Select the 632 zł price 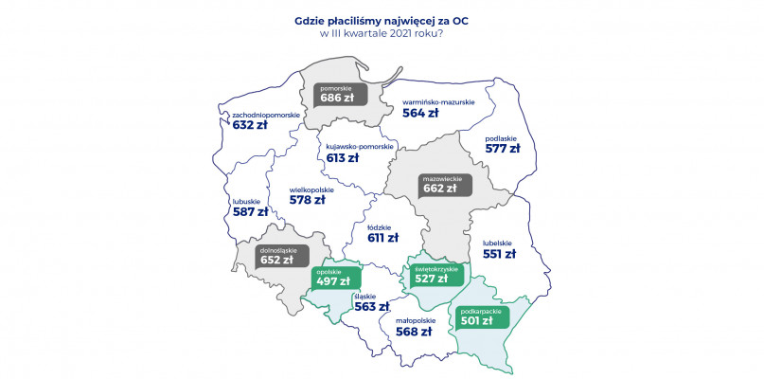tap(250, 126)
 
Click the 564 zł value tap(420, 112)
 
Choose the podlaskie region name tap(501, 137)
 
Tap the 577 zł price tap(502, 149)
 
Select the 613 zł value tap(343, 158)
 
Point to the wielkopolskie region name tap(311, 189)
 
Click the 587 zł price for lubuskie tap(249, 212)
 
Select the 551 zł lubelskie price tap(499, 253)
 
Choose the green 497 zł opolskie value tap(332, 280)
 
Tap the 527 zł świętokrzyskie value tap(431, 279)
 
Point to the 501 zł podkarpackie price tap(476, 320)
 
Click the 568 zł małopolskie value tap(413, 332)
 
